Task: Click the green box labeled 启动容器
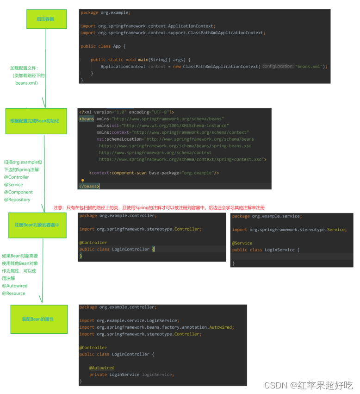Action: tap(45, 19)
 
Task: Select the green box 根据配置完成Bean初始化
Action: tap(35, 121)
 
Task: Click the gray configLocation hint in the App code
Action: tap(277, 66)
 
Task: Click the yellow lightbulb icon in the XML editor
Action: tap(83, 181)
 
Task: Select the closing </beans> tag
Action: tap(89, 186)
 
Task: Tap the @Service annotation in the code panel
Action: tap(242, 243)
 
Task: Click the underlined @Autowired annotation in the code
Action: tap(102, 368)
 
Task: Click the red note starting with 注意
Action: tap(159, 207)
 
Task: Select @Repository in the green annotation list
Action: tap(17, 200)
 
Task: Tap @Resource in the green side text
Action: tap(14, 293)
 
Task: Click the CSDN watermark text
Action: tap(308, 385)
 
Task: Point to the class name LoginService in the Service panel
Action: tap(279, 250)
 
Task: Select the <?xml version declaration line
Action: tap(126, 112)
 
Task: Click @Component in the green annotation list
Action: tap(19, 192)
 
